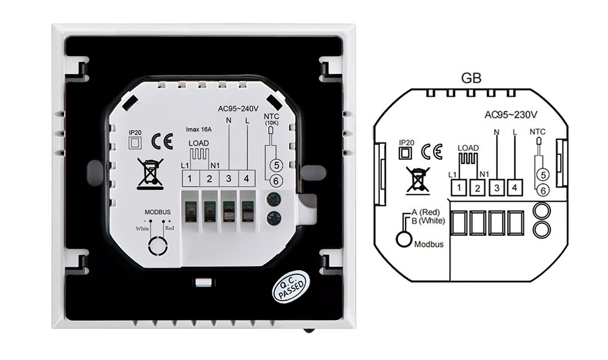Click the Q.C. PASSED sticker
click(289, 286)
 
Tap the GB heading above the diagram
click(471, 78)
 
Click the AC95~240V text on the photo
click(238, 109)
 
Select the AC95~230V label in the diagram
click(511, 115)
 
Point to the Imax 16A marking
click(199, 130)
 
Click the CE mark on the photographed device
click(162, 141)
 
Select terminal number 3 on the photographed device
click(229, 178)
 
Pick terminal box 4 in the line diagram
click(514, 188)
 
